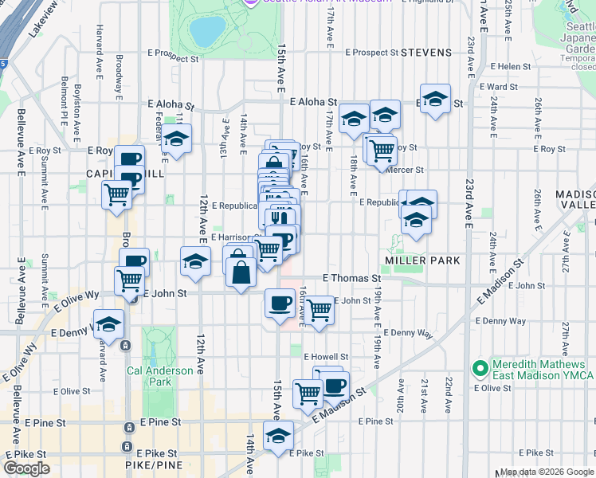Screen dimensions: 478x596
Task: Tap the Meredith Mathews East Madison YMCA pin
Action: (480, 369)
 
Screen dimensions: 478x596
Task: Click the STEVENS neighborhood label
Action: (425, 53)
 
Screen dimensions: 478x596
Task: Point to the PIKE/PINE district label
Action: (154, 465)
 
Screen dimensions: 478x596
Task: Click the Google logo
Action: (26, 468)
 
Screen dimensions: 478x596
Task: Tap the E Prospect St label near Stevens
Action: (371, 53)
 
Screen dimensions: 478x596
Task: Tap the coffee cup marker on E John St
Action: (280, 303)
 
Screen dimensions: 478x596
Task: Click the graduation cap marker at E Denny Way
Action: (109, 323)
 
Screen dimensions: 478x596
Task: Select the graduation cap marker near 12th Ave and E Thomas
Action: (195, 261)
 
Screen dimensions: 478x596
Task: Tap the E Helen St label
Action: (512, 67)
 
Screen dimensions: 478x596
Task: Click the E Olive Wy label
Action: (75, 298)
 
